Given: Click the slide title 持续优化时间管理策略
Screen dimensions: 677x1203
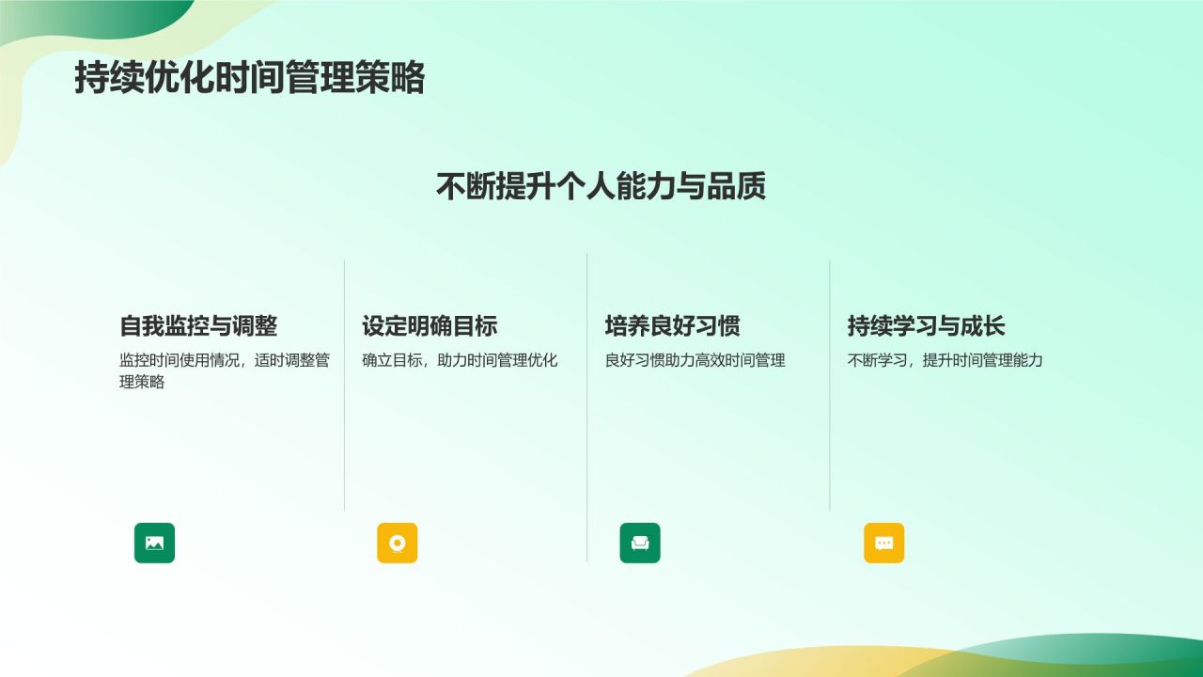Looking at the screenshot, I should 249,78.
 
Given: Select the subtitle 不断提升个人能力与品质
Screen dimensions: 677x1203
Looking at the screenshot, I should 601,186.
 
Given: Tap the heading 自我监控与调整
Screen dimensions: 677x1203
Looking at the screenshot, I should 198,326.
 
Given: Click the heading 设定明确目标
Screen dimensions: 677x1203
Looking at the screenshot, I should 430,326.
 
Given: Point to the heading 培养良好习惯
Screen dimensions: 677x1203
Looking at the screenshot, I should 672,326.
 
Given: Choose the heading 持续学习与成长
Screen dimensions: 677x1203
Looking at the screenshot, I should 926,326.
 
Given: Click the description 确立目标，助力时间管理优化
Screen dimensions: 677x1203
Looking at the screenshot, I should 460,360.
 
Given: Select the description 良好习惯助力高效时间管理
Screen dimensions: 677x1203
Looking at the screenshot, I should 695,360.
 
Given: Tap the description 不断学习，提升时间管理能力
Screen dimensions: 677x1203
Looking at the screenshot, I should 945,360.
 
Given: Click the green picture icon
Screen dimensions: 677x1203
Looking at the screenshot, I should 154,543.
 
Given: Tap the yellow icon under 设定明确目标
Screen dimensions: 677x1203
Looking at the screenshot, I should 397,543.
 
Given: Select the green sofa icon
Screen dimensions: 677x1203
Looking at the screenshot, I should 640,543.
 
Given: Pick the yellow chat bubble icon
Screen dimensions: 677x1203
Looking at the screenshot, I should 883,543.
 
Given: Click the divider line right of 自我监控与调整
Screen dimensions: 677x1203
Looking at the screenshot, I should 345,386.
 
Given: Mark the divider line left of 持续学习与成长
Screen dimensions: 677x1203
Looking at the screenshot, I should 830,386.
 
